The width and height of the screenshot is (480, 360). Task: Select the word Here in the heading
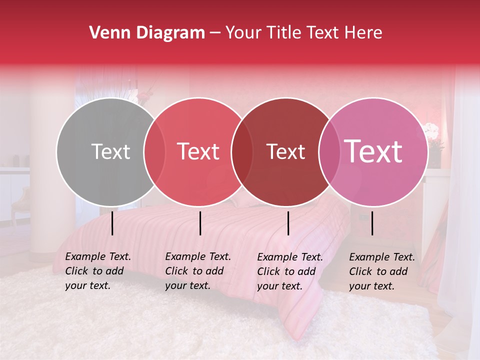(x=364, y=33)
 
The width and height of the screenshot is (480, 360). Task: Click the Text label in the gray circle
(x=110, y=152)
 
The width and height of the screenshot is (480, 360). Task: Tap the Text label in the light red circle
(x=198, y=152)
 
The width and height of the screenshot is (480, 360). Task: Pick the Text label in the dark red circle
(x=285, y=152)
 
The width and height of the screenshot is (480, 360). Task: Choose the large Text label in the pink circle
(x=373, y=151)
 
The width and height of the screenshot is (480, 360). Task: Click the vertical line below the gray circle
(x=112, y=223)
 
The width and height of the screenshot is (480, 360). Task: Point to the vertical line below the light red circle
(x=200, y=223)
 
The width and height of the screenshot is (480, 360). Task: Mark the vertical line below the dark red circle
(x=288, y=223)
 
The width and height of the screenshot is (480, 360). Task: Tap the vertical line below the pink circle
(x=372, y=223)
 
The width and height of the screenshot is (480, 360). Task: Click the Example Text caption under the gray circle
(x=98, y=257)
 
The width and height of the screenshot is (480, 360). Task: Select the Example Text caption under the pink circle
(x=382, y=257)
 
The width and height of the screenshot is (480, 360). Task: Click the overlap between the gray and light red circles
(x=154, y=151)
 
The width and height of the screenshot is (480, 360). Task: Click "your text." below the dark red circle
(x=279, y=286)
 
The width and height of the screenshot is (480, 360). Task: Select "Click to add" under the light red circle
(x=194, y=271)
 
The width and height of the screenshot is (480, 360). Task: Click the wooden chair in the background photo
(x=20, y=200)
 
